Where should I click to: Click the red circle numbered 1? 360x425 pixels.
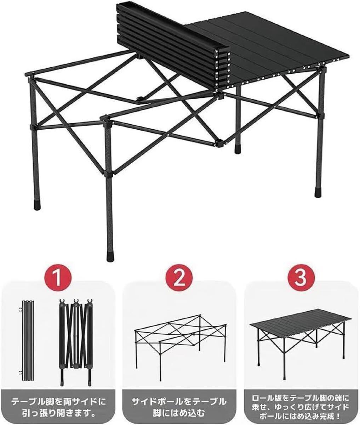tap(58, 277)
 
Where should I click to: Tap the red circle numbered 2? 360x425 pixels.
tap(179, 277)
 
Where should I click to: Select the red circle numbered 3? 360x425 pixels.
tap(301, 277)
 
